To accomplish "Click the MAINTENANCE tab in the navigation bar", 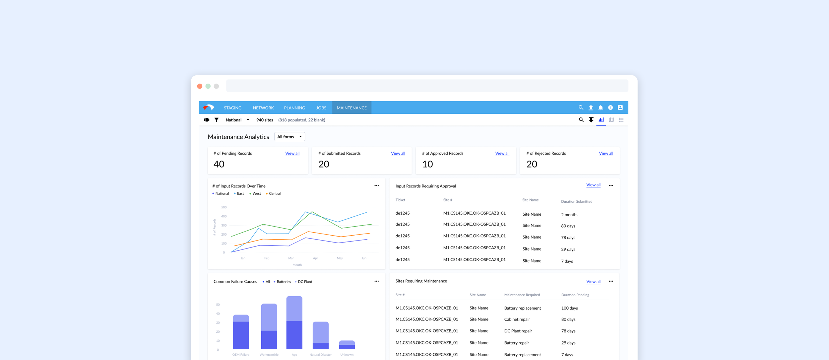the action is click(x=351, y=108).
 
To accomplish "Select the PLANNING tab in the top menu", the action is click(x=294, y=108).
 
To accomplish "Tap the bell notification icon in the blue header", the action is click(x=601, y=108).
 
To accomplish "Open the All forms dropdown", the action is click(x=289, y=137).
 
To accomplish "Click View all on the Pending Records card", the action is click(x=292, y=153).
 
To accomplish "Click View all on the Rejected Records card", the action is click(x=606, y=153).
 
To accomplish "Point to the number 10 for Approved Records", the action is click(x=427, y=164).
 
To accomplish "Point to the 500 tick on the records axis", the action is click(x=224, y=207).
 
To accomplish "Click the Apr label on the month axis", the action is click(x=315, y=258).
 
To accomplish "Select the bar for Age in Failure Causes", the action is click(x=294, y=322).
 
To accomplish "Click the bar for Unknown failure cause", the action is click(x=347, y=344).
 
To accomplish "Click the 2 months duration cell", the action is click(x=569, y=215).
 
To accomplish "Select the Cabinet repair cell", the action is click(x=517, y=319).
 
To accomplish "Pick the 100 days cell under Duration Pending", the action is click(x=569, y=308).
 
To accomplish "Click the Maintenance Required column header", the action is click(x=522, y=295).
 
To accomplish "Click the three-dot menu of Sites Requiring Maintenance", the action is click(x=611, y=281).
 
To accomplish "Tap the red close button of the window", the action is click(x=200, y=86).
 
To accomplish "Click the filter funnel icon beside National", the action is click(x=217, y=120).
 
